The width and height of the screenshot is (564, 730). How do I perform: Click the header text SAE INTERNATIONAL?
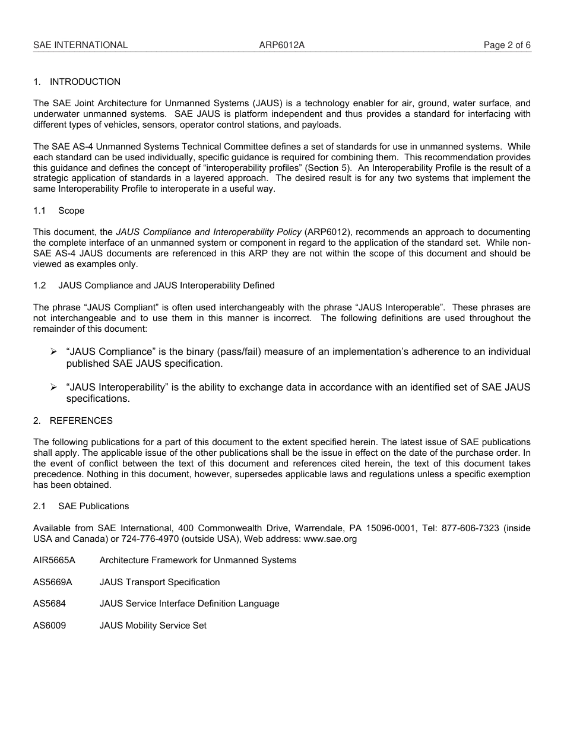[x=80, y=45]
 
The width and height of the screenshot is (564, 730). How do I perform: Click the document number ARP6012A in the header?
[x=281, y=45]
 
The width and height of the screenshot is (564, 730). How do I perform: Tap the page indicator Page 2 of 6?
[x=507, y=45]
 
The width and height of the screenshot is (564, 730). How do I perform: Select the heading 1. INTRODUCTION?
[x=77, y=82]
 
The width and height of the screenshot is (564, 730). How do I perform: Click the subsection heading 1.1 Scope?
[x=59, y=211]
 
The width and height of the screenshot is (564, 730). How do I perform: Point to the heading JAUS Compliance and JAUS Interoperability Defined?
[x=166, y=285]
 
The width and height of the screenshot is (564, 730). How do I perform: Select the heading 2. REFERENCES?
[x=72, y=421]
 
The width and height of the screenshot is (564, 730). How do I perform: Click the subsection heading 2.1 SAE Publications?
[x=81, y=506]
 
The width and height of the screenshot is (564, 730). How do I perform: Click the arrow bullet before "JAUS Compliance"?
[x=53, y=352]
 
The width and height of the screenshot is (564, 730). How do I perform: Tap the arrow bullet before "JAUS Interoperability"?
[x=53, y=388]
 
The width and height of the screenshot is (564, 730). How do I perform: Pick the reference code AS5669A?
[x=52, y=582]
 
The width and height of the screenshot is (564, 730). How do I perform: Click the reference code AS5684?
[x=49, y=604]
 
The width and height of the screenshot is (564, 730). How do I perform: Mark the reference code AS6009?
[x=49, y=626]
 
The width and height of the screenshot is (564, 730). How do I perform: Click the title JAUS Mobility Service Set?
[x=153, y=626]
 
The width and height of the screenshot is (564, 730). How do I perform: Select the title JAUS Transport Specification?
[x=159, y=582]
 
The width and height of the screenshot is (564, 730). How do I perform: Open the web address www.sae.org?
[x=330, y=539]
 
